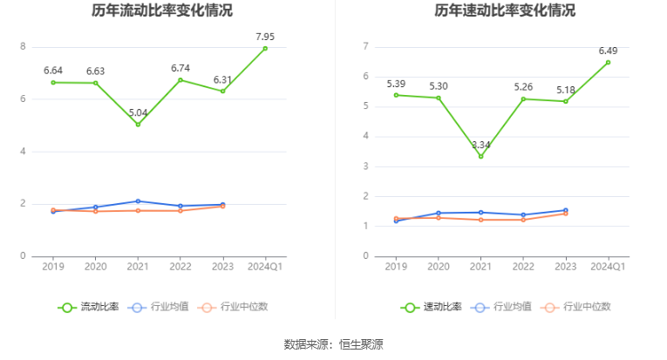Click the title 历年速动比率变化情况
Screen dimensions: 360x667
505,11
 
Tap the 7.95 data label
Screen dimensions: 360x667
265,37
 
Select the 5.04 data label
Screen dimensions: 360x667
138,113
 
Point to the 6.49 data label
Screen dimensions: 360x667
608,51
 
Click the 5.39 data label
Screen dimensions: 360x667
396,84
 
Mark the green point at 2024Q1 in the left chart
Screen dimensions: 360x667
265,49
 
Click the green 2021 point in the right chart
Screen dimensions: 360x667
480,156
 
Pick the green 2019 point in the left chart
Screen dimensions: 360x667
54,83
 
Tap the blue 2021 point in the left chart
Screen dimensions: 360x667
138,201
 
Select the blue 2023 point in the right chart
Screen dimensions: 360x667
565,210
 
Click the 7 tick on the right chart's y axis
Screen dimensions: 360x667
366,47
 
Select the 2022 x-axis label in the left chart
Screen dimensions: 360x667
180,267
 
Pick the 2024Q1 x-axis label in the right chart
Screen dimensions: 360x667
608,267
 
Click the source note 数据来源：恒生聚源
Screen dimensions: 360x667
333,344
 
